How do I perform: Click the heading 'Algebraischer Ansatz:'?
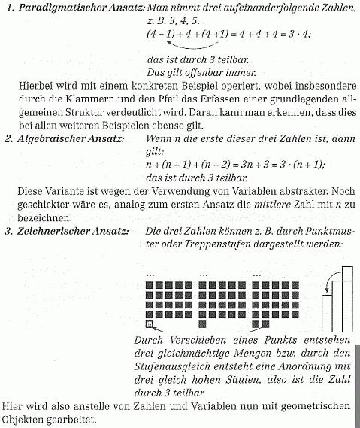(71, 139)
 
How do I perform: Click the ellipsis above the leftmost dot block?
(150, 273)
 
